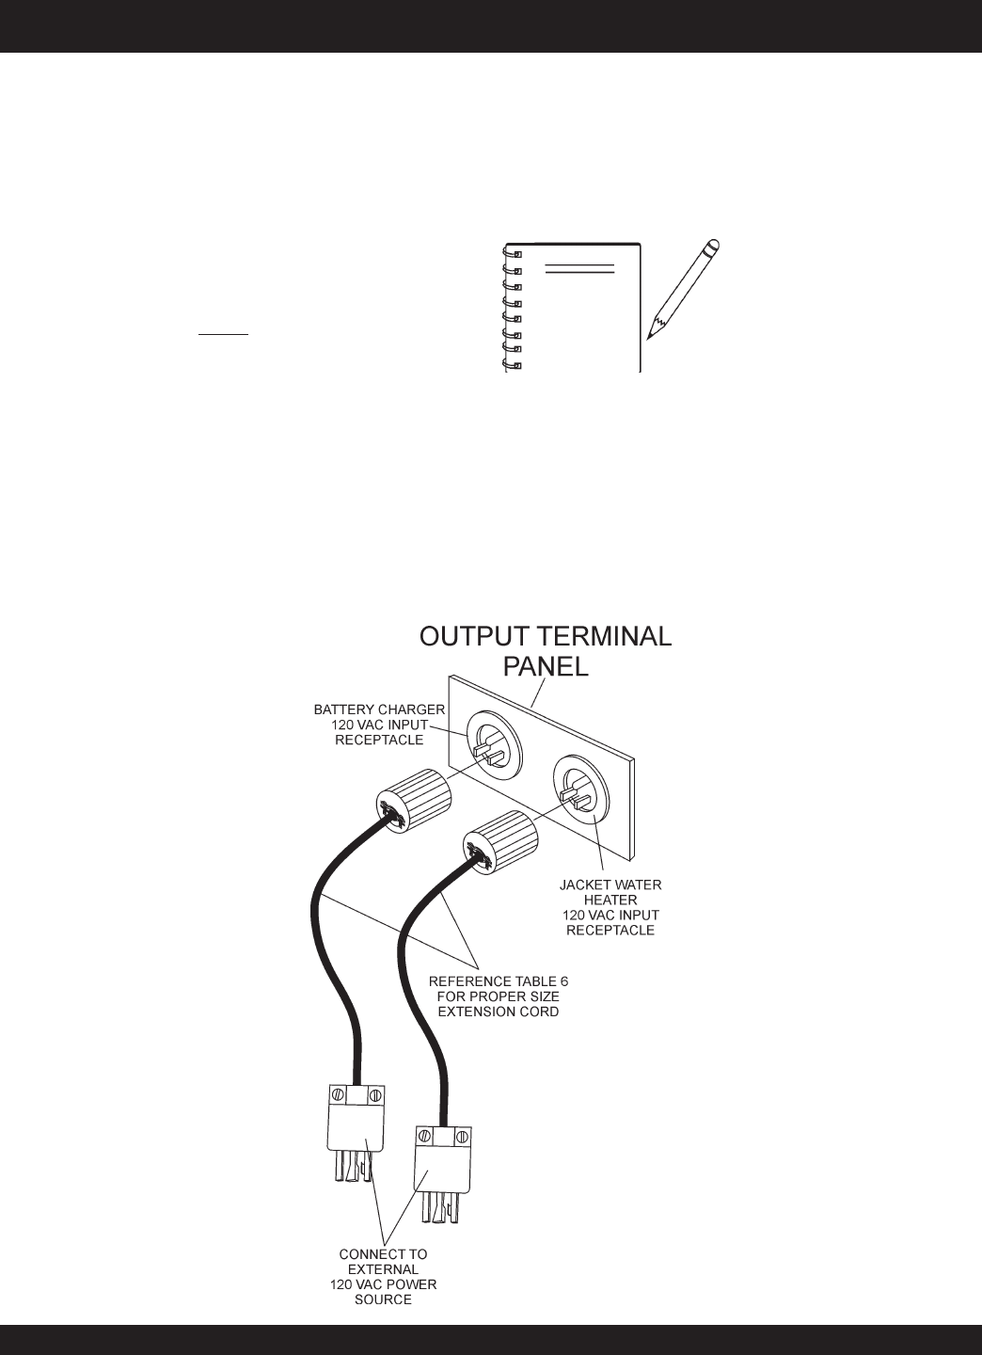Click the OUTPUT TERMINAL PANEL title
545,651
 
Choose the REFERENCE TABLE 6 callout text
499,996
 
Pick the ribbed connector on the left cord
415,799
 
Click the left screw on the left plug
336,1095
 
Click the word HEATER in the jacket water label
610,900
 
